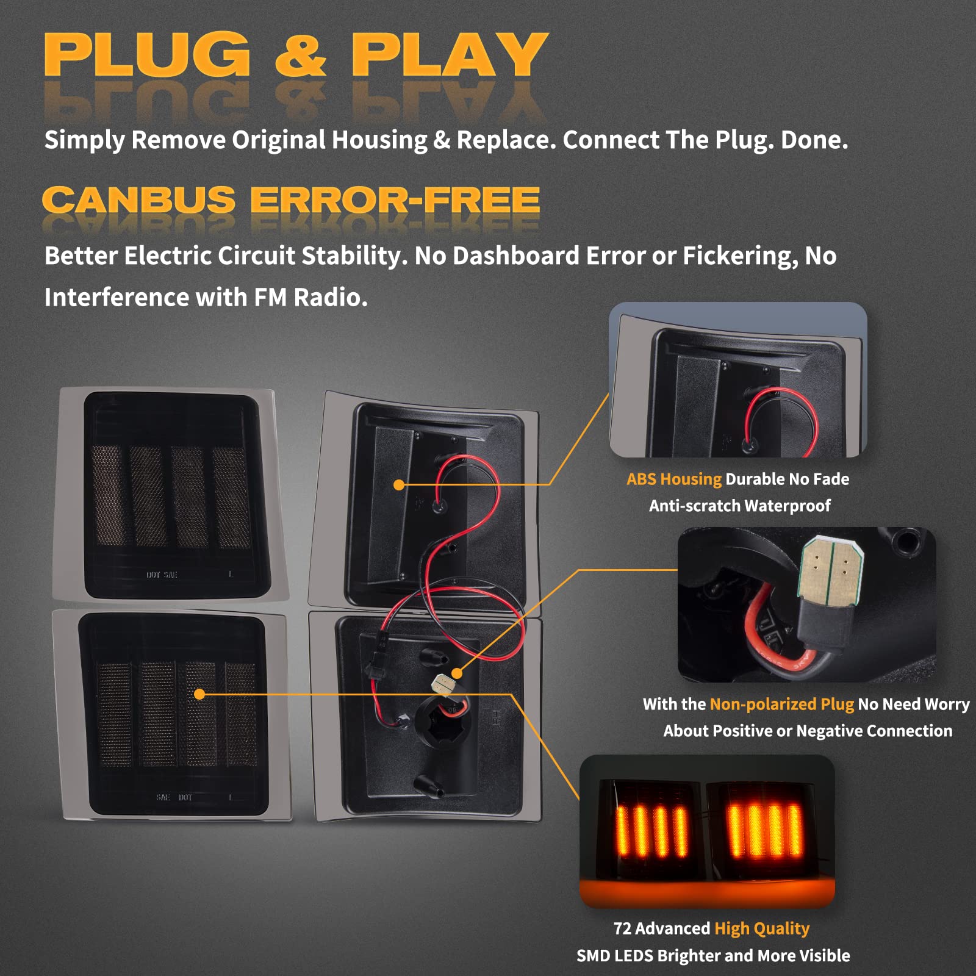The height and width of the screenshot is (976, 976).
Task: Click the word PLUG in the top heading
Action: (147, 54)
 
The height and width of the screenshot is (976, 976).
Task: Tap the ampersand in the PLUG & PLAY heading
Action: (301, 55)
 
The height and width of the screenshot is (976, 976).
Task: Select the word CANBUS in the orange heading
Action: (138, 200)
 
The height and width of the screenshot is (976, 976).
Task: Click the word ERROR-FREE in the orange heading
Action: (395, 200)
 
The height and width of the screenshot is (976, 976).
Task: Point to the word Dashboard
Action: (515, 256)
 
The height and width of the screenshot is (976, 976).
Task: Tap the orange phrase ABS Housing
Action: (674, 479)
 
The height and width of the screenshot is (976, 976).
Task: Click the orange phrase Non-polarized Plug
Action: (782, 705)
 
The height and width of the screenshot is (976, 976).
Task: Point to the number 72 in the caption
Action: (622, 928)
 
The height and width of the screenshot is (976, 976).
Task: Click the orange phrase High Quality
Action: (762, 929)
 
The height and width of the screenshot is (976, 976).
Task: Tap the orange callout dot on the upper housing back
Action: (399, 485)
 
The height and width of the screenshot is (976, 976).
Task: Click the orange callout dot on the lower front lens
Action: (199, 694)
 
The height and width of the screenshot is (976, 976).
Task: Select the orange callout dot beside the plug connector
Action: (457, 673)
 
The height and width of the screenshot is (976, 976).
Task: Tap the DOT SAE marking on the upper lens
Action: (162, 575)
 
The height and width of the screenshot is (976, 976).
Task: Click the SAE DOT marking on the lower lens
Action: (174, 797)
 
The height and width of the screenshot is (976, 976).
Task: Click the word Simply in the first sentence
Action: (84, 141)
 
